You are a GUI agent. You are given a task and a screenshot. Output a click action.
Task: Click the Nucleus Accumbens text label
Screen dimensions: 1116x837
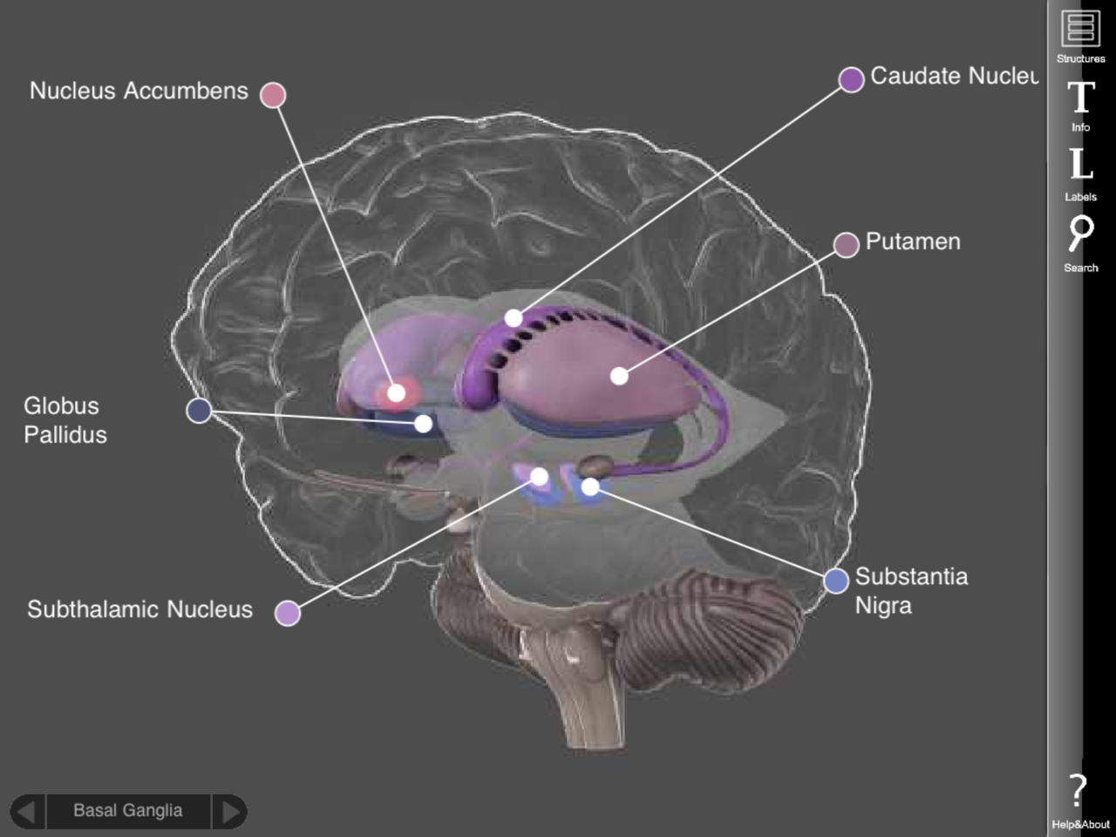[139, 91]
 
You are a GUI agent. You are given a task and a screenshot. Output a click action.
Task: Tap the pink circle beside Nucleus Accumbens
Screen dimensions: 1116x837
[273, 95]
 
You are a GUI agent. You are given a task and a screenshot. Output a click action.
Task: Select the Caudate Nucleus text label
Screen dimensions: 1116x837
[954, 76]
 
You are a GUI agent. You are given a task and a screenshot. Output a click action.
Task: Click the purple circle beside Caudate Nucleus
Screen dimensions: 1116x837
[852, 80]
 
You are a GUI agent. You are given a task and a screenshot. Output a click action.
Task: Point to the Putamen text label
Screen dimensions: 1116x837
[913, 242]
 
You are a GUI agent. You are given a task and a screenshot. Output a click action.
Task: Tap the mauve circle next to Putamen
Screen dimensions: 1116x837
[847, 245]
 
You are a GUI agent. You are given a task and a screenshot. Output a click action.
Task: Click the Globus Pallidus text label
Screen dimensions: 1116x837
[65, 420]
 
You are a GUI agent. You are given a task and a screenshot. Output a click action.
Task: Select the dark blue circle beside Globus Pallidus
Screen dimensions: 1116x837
[199, 411]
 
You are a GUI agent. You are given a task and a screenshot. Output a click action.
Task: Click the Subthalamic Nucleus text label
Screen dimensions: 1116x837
[139, 609]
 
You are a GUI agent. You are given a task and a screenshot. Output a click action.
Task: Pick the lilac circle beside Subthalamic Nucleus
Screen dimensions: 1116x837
[288, 614]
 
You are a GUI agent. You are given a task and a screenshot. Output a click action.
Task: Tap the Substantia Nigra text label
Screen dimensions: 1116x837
[911, 591]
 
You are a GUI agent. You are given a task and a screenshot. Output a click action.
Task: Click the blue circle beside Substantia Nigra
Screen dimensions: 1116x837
[836, 581]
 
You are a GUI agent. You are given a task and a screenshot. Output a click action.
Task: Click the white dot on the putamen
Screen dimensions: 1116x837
[619, 377]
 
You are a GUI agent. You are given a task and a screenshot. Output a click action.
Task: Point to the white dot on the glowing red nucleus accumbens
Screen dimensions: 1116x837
[397, 393]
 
